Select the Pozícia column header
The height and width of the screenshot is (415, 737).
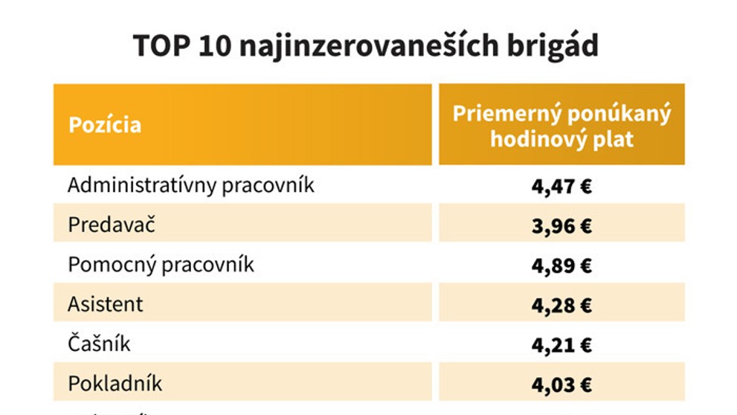click(105, 124)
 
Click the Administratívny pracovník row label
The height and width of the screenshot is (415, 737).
click(191, 185)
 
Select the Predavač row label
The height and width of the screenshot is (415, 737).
click(112, 225)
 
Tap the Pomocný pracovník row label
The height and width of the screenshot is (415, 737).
click(161, 265)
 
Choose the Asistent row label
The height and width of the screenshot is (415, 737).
click(106, 304)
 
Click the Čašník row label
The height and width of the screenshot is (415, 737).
click(99, 344)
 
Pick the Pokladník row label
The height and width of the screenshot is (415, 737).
click(115, 384)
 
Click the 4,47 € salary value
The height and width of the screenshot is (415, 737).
click(561, 186)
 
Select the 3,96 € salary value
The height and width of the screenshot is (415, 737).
click(561, 225)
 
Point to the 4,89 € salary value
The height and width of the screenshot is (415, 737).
click(561, 266)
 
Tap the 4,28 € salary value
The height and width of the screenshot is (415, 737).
click(561, 305)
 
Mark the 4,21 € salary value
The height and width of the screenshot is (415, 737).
click(561, 344)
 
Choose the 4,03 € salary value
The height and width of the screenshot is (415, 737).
click(561, 385)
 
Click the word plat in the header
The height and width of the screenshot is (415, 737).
click(611, 138)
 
